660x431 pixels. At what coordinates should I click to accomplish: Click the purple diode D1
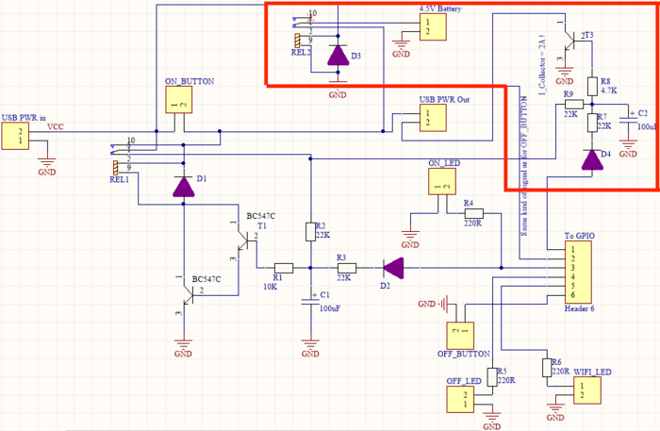(184, 186)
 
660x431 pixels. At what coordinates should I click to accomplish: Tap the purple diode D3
(338, 55)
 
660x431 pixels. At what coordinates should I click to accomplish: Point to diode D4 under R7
(592, 158)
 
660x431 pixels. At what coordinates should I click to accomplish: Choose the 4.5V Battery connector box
(428, 27)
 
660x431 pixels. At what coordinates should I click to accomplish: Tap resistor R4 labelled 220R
(472, 214)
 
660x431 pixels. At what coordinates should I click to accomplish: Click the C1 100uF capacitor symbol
(310, 301)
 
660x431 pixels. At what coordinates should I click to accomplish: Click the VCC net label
(57, 125)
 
